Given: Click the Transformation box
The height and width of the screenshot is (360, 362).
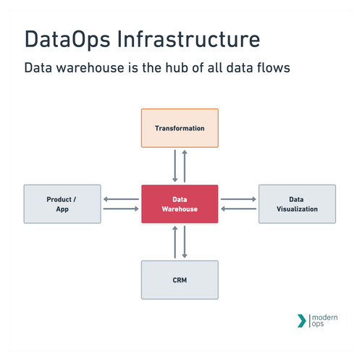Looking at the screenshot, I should pyautogui.click(x=180, y=128).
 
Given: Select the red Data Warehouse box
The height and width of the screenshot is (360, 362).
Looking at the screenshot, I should pyautogui.click(x=180, y=204).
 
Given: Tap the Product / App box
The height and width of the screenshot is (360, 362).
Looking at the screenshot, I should pyautogui.click(x=62, y=204).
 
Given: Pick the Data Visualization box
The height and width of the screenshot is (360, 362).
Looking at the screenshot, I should pyautogui.click(x=297, y=204).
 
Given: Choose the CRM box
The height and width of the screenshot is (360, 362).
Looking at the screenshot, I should pyautogui.click(x=180, y=279).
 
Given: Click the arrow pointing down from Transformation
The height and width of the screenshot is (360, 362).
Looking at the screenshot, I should pyautogui.click(x=174, y=167).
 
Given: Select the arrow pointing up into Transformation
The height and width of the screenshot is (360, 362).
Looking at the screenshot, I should pyautogui.click(x=185, y=167).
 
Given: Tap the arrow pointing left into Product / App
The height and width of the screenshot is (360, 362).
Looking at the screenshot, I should pyautogui.click(x=121, y=198).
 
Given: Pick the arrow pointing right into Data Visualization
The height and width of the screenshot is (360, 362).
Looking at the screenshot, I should pyautogui.click(x=238, y=198).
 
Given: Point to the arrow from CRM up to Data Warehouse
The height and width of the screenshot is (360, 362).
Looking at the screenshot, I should pyautogui.click(x=174, y=241).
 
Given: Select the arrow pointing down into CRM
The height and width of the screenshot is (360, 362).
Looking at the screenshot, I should pyautogui.click(x=185, y=241).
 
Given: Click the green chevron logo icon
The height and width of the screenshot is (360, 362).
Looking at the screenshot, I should pyautogui.click(x=302, y=320).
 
